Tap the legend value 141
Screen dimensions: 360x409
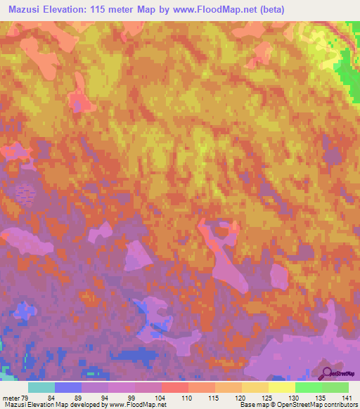pyautogui.click(x=346, y=397)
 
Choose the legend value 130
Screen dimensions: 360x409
pyautogui.click(x=293, y=397)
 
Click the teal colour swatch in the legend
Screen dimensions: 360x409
pyautogui.click(x=41, y=387)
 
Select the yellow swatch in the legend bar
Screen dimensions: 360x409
pyautogui.click(x=281, y=387)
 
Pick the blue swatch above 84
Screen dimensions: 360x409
pyautogui.click(x=67, y=387)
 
